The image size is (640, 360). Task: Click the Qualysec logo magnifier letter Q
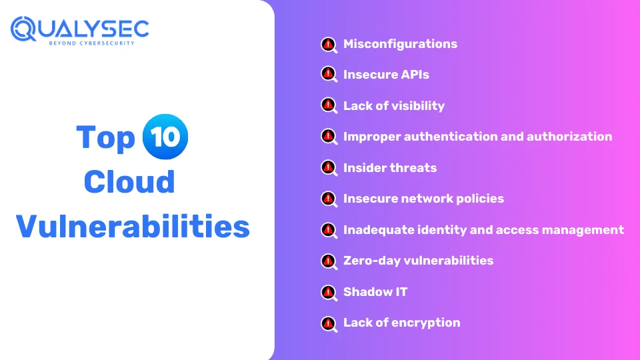coord(23,29)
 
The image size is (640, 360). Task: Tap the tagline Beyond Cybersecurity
coord(91,43)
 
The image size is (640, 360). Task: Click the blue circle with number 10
coord(165,136)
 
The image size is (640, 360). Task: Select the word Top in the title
coord(105,137)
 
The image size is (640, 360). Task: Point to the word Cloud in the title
coord(129,181)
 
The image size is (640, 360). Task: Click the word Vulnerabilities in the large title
coord(133,226)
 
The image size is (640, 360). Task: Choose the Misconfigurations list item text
coord(400,44)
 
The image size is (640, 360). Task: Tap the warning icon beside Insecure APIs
coord(329,74)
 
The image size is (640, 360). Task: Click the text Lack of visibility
coord(394,106)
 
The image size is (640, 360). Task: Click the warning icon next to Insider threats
coord(329,168)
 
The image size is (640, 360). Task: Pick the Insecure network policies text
coord(423,199)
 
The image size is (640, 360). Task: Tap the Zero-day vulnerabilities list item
coord(419,261)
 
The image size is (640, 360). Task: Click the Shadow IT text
coord(375,292)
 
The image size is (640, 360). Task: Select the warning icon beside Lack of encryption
coord(329,324)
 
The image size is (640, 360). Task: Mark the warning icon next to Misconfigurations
coord(329,45)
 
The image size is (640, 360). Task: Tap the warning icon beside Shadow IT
coord(329,292)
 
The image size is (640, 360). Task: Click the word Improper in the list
coord(372,137)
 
